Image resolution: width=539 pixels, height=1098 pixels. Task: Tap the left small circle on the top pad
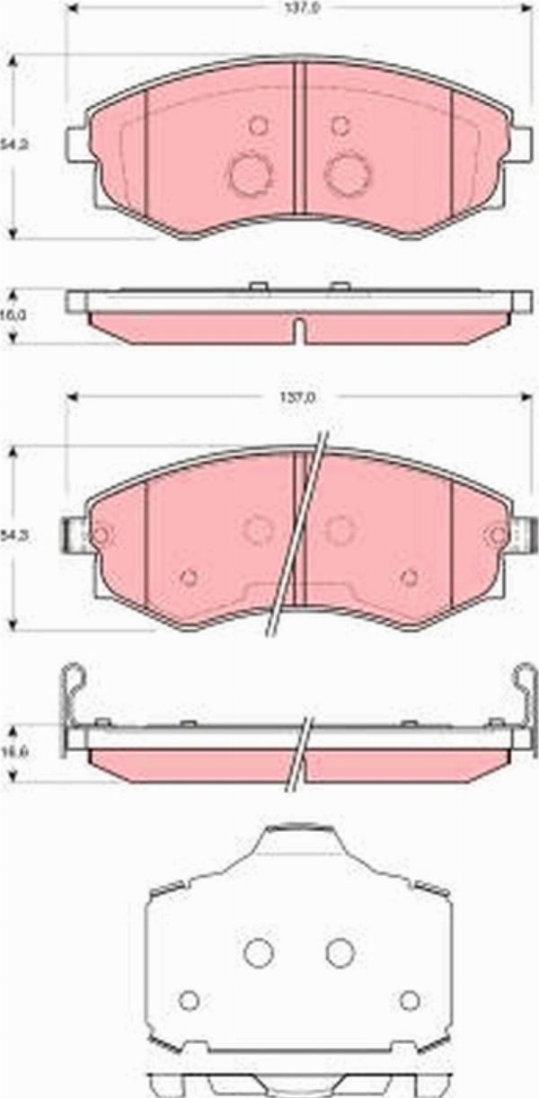(259, 126)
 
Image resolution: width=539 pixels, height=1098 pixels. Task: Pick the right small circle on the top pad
(340, 126)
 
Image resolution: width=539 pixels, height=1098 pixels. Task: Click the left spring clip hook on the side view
(72, 683)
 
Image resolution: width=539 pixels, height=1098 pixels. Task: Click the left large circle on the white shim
(259, 952)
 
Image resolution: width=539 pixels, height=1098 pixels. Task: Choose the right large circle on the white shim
(340, 952)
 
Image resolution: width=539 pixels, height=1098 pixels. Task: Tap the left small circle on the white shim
(188, 1000)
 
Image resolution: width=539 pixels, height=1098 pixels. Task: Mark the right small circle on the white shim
(410, 1000)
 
